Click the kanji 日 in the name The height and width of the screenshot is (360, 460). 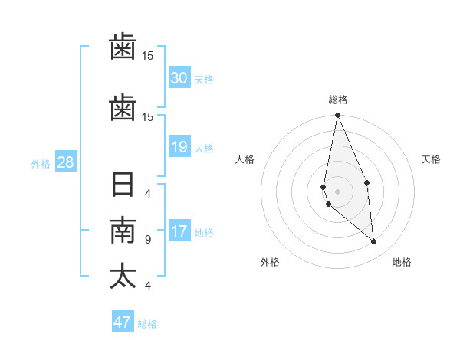click(x=123, y=186)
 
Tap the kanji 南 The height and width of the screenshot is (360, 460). click(x=123, y=231)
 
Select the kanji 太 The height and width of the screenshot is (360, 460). click(x=123, y=276)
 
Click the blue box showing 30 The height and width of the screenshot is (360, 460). click(x=179, y=78)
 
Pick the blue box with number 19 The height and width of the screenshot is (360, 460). click(x=179, y=147)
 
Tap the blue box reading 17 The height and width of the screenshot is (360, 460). click(x=179, y=231)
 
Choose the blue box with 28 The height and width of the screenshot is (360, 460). click(x=65, y=162)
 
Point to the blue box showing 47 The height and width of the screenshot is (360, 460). click(x=123, y=322)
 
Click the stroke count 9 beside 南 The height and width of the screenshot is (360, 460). click(x=147, y=240)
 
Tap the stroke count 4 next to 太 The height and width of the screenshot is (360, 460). click(x=147, y=286)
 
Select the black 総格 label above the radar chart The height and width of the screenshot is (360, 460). click(x=337, y=100)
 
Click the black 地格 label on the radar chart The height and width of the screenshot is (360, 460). click(x=402, y=262)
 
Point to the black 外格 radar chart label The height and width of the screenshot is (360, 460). click(x=270, y=262)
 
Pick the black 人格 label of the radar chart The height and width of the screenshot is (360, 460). click(x=245, y=159)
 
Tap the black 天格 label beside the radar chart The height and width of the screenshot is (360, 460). click(x=432, y=159)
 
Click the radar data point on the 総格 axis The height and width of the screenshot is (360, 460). click(x=337, y=116)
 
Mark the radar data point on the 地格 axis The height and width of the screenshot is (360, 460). click(x=374, y=242)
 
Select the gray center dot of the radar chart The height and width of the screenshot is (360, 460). click(x=337, y=191)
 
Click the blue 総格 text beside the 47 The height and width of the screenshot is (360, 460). click(x=147, y=324)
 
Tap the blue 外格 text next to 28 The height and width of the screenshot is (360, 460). click(x=41, y=163)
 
